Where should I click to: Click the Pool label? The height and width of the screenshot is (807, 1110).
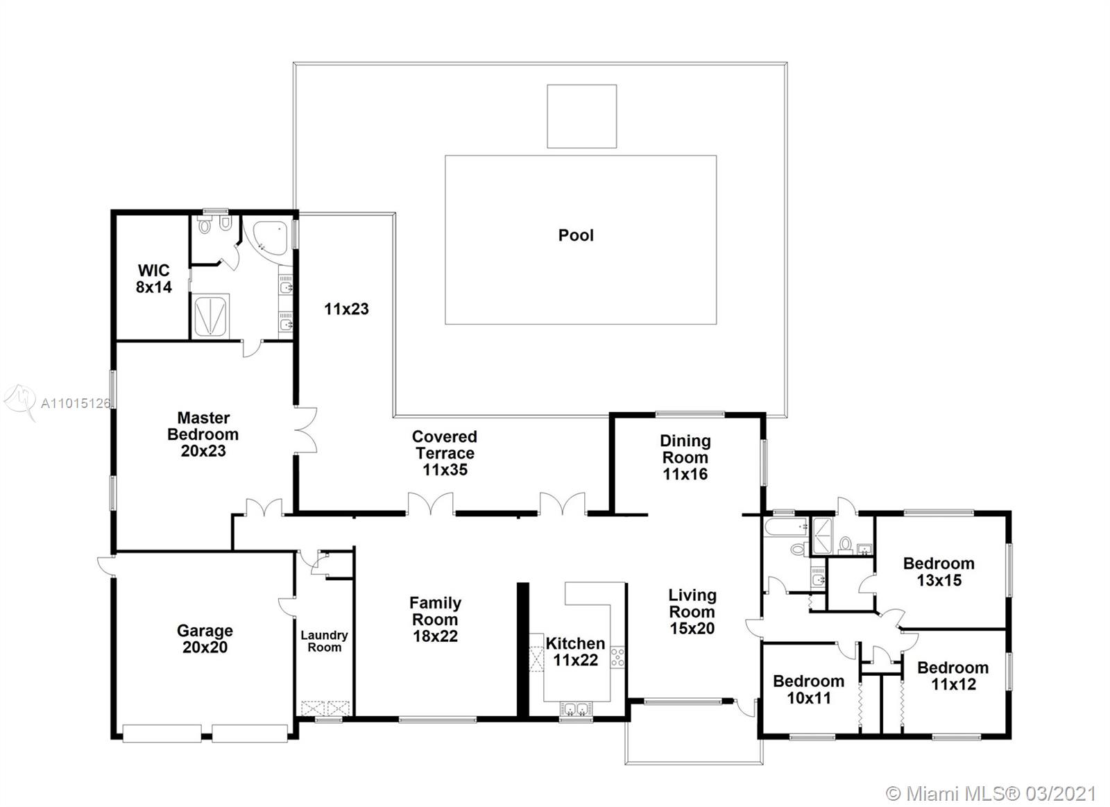[576, 235]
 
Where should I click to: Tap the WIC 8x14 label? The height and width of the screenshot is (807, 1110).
[153, 278]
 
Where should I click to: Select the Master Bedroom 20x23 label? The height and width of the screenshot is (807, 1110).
[203, 434]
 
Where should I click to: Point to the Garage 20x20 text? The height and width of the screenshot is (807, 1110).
[205, 639]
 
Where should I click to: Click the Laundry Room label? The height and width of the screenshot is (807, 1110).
[324, 641]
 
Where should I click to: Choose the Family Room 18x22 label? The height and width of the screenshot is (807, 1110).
[435, 619]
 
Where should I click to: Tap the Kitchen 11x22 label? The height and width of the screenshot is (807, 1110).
[575, 652]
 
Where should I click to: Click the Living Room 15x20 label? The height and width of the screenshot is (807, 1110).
[692, 611]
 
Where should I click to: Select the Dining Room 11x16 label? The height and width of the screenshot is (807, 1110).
[685, 457]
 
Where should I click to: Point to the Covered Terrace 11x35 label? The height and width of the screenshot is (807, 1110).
[445, 453]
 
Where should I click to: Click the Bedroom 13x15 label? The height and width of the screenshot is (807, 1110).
[939, 572]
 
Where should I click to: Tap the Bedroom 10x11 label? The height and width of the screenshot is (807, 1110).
[809, 690]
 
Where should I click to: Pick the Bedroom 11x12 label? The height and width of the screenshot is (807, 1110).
[953, 676]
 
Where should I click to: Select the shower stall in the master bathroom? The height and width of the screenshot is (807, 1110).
[211, 315]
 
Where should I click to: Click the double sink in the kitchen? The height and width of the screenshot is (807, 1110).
[577, 709]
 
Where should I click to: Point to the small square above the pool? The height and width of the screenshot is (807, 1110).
[582, 116]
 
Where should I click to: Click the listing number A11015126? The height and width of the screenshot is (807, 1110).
[76, 404]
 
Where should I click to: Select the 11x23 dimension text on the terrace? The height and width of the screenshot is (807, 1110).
[346, 309]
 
